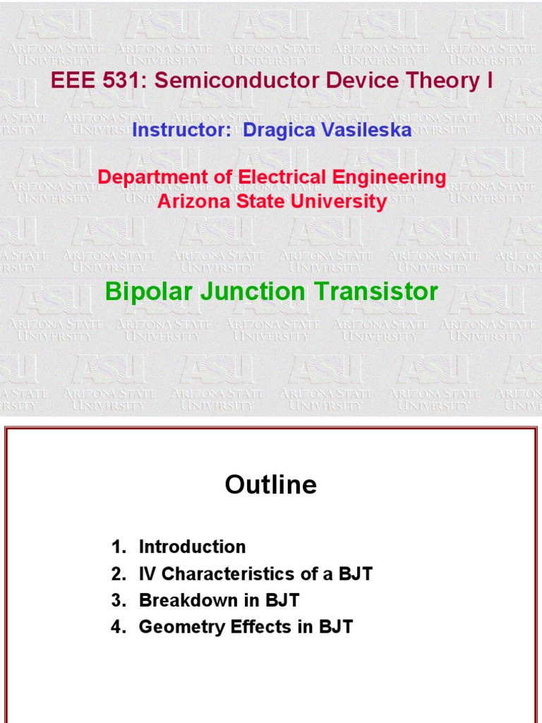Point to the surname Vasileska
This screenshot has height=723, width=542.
click(x=367, y=130)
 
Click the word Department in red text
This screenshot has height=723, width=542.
click(x=147, y=177)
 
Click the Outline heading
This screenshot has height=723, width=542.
click(x=271, y=485)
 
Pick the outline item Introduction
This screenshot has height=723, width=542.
click(x=192, y=546)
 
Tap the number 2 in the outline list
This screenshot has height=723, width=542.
click(x=116, y=573)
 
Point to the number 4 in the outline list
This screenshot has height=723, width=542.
click(x=116, y=626)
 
